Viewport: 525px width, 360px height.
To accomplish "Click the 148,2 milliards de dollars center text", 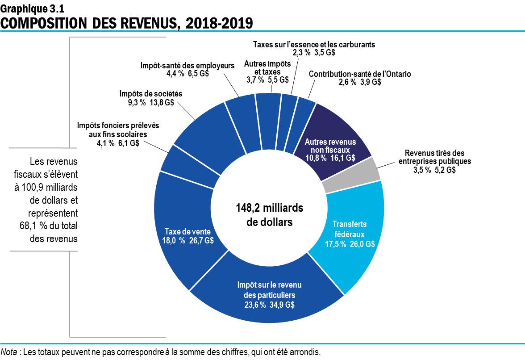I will (269, 215).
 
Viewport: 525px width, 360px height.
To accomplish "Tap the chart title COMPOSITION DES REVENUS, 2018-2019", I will (126, 23).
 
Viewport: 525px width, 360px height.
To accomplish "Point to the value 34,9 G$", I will (283, 305).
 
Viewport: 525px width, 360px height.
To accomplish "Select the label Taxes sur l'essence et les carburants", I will (314, 45).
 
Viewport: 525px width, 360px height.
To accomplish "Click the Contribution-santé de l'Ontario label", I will (359, 74).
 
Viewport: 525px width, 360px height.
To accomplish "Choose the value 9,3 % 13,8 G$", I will (151, 102).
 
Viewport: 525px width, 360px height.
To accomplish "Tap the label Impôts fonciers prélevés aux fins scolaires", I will (118, 130).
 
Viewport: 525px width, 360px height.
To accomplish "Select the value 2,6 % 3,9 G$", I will (359, 82).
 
